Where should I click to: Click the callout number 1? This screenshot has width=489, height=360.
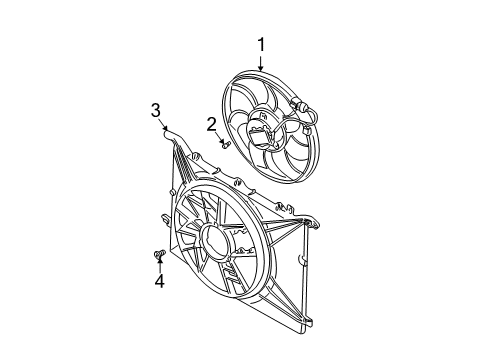click(x=262, y=44)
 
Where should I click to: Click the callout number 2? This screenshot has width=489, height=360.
click(x=212, y=123)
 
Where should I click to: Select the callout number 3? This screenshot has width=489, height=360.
click(x=156, y=110)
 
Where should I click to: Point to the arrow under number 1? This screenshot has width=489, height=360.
click(x=262, y=61)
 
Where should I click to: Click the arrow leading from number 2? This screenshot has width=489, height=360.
click(x=217, y=136)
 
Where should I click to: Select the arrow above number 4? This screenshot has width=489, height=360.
click(x=159, y=266)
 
